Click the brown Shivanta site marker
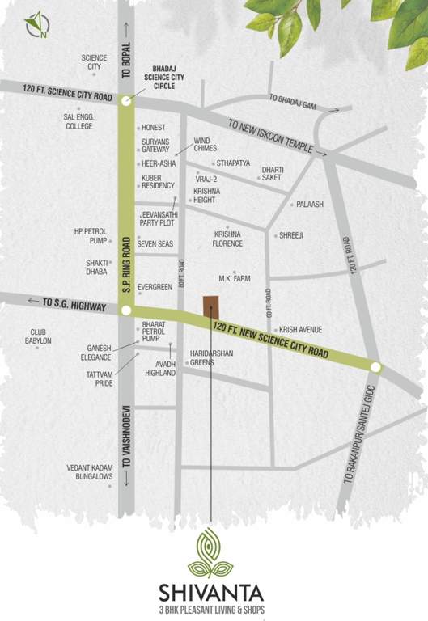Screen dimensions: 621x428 pyautogui.click(x=210, y=308)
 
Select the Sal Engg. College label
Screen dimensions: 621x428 pyautogui.click(x=78, y=122)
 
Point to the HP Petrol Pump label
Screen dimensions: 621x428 pyautogui.click(x=91, y=235)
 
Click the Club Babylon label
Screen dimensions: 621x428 pyautogui.click(x=40, y=336)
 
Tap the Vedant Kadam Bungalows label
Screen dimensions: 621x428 pyautogui.click(x=90, y=472)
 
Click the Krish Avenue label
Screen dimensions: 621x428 pyautogui.click(x=300, y=330)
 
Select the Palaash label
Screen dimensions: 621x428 pyautogui.click(x=309, y=205)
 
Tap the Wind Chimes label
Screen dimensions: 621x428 pyautogui.click(x=206, y=144)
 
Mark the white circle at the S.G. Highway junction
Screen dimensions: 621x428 pyautogui.click(x=125, y=310)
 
